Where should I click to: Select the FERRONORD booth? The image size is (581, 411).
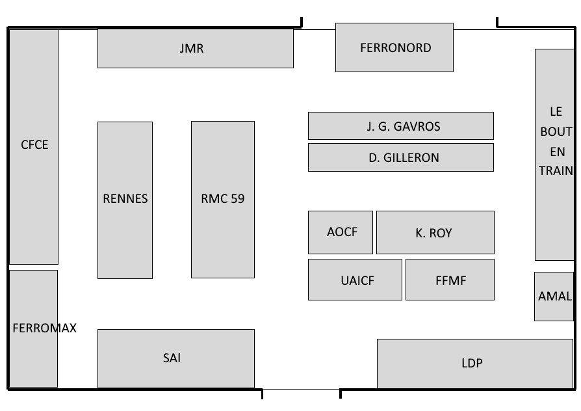[x=394, y=47]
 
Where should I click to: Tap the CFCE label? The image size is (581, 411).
[x=34, y=145]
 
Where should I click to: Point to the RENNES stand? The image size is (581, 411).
[x=125, y=199]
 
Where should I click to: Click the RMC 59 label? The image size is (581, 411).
[x=223, y=199]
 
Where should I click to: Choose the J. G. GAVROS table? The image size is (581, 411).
[x=400, y=126]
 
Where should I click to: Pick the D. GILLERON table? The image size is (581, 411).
[x=400, y=157]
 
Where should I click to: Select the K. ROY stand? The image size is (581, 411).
[x=434, y=233]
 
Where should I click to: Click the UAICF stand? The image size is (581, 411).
[x=355, y=280]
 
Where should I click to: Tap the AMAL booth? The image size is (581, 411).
[x=554, y=297]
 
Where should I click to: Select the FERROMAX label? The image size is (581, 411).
[x=44, y=328]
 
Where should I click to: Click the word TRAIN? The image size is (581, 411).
[x=556, y=171]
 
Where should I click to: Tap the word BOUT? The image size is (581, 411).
[x=556, y=131]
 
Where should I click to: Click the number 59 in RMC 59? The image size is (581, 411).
[x=238, y=199]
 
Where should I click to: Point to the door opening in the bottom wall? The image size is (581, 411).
[x=302, y=392]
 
